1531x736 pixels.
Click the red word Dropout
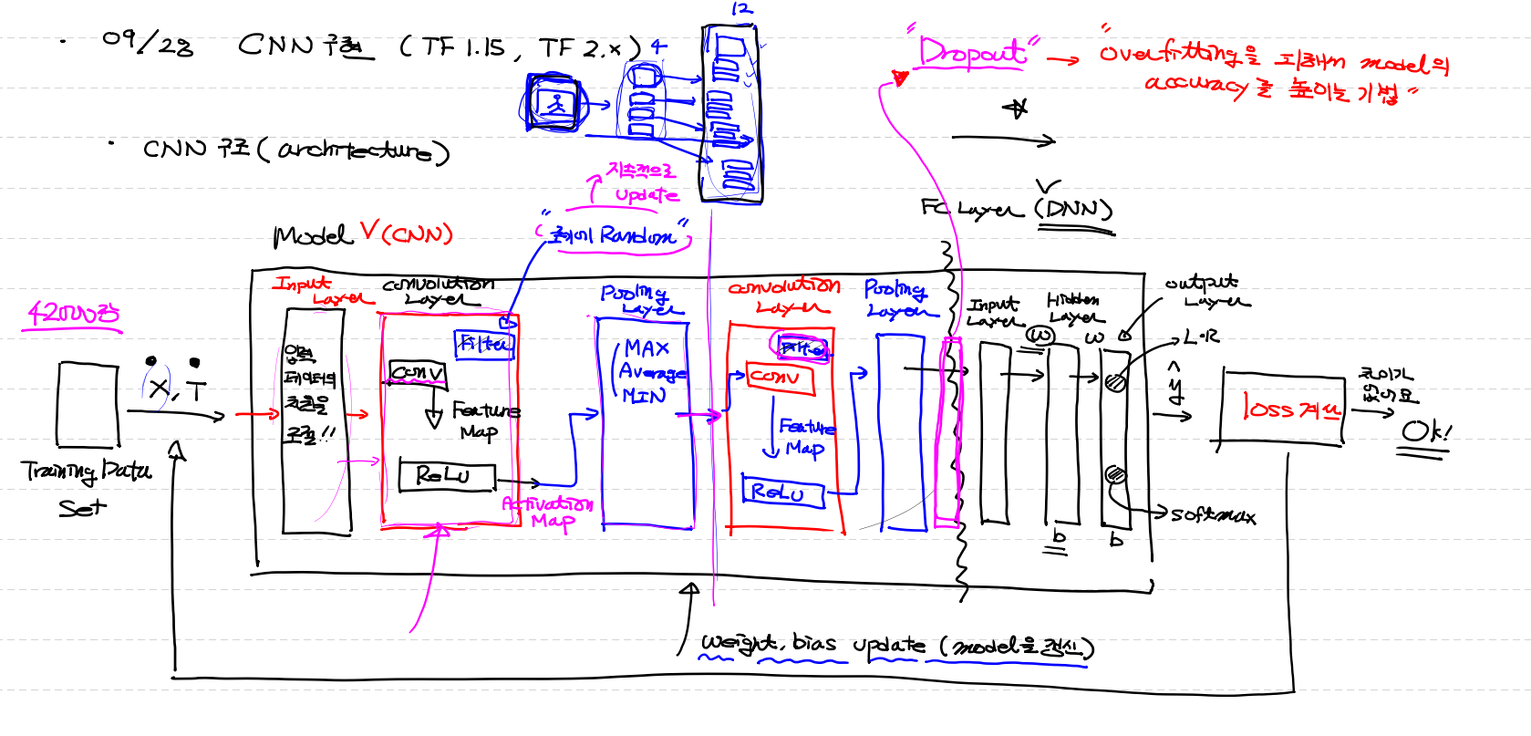click(x=972, y=53)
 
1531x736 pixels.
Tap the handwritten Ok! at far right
click(x=1425, y=432)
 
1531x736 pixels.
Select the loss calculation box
click(x=1282, y=408)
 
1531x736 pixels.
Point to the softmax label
click(x=1213, y=516)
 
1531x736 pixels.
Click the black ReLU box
click(x=448, y=475)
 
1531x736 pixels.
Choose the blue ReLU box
click(x=782, y=492)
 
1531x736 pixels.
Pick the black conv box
click(x=418, y=373)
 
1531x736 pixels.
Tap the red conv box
click(x=780, y=378)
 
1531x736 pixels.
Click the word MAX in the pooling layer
click(x=647, y=348)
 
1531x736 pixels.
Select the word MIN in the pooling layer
click(x=644, y=396)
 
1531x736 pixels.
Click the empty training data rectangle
click(x=88, y=404)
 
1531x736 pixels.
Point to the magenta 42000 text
click(x=73, y=315)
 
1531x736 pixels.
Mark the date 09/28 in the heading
click(x=148, y=42)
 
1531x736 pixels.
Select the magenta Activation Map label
click(x=547, y=512)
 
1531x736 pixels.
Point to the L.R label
click(x=1201, y=337)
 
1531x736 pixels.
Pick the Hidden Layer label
click(x=1074, y=308)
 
